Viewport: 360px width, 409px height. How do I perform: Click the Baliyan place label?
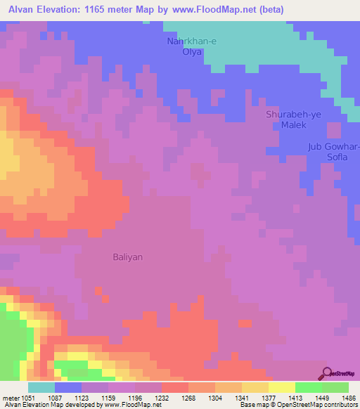pyautogui.click(x=128, y=257)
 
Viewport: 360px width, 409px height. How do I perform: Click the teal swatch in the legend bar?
pyautogui.click(x=41, y=387)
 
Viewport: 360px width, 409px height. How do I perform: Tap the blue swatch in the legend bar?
pyautogui.click(x=67, y=387)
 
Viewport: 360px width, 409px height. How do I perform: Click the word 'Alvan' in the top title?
pyautogui.click(x=23, y=8)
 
